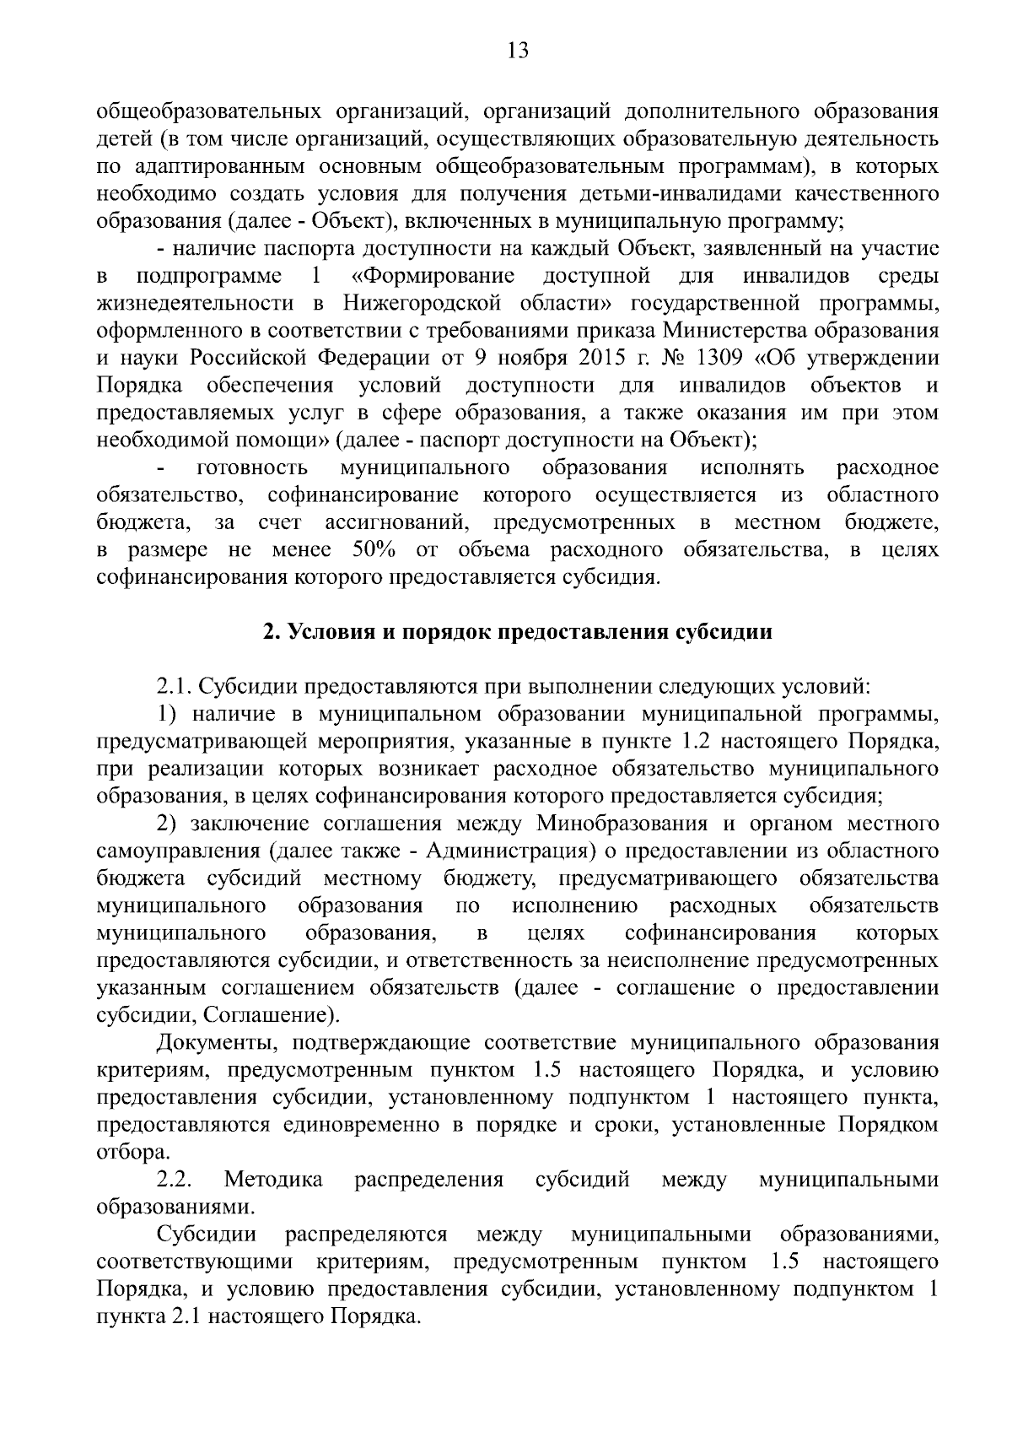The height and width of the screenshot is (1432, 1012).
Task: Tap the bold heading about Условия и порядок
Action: click(x=517, y=632)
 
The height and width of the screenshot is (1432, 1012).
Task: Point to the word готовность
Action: click(x=251, y=468)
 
